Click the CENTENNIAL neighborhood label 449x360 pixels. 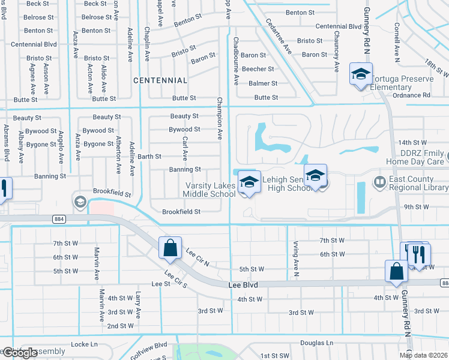(x=160, y=80)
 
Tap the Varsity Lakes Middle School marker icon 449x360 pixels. (x=249, y=182)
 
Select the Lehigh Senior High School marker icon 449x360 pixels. (x=315, y=176)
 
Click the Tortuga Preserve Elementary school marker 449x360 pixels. (x=361, y=74)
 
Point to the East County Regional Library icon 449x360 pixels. (x=379, y=181)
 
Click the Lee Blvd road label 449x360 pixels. (x=243, y=286)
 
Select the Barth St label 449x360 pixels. (x=149, y=157)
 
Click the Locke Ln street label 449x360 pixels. (x=84, y=344)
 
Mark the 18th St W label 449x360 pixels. (x=437, y=66)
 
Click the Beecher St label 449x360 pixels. (x=258, y=70)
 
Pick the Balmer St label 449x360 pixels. (x=263, y=83)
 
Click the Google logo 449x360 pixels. (x=19, y=353)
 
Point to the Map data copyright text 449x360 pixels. (x=423, y=355)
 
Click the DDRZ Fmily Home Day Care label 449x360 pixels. (x=415, y=157)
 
